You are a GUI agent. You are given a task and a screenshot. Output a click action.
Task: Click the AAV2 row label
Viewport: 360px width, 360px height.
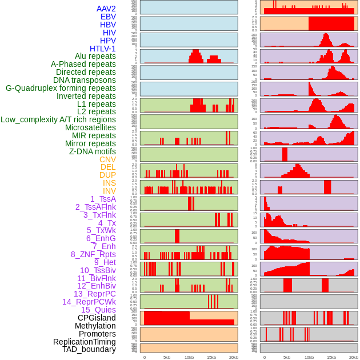coord(106,9)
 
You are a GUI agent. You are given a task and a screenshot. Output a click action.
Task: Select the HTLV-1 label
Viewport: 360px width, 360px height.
coord(103,49)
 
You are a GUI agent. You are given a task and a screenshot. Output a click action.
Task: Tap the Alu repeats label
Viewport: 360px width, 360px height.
coord(95,56)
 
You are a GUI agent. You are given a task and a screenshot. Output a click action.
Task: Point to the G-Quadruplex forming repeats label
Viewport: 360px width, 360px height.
coord(61,88)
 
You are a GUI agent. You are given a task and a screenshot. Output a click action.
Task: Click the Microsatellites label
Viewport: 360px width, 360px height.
coord(90,127)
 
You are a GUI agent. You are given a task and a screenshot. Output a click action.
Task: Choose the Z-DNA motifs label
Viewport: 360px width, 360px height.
coord(93,151)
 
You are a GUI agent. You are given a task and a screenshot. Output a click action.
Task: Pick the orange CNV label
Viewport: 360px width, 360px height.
coord(107,159)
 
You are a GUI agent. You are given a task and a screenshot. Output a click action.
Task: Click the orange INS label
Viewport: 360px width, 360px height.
coord(109,183)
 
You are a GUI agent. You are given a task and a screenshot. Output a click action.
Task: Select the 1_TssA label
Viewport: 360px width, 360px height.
coord(103,199)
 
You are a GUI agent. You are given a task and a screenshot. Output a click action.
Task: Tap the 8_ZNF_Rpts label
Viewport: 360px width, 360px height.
coord(93,254)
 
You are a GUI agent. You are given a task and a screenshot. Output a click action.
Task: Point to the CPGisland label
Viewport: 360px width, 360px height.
coord(97,318)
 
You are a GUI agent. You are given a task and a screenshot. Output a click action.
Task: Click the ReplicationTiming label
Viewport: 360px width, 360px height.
coord(85,342)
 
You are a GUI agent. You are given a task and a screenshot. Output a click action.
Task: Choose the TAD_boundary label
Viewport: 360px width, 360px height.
coord(89,349)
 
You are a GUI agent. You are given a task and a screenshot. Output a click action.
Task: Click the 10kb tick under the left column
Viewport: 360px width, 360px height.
coord(189,357)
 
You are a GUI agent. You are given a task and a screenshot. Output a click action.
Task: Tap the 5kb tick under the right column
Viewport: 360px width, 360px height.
coord(287,357)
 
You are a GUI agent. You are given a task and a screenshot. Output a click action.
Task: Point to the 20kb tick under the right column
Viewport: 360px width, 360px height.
coord(354,357)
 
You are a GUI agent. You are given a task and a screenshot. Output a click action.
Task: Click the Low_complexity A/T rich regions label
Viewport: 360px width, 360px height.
coord(58,119)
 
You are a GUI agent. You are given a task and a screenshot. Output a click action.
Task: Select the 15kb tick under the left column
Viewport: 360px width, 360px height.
coord(211,357)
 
